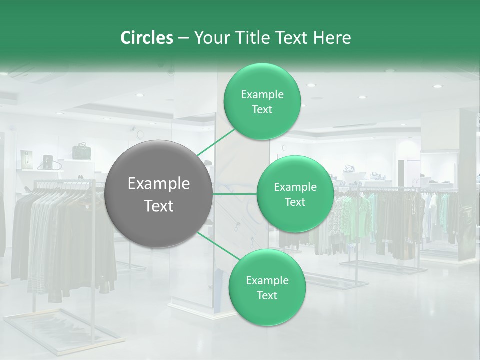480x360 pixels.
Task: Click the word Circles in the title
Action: coord(146,38)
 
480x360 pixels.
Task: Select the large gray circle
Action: coord(159,194)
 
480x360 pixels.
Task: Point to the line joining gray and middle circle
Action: coord(234,194)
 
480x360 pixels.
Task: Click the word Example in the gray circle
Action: coord(159,184)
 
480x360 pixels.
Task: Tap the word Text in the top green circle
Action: coord(262,110)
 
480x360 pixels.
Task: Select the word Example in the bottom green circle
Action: coord(267,280)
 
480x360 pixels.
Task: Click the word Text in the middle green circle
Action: coord(295,202)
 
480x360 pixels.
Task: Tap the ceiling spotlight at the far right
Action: coord(437,86)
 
